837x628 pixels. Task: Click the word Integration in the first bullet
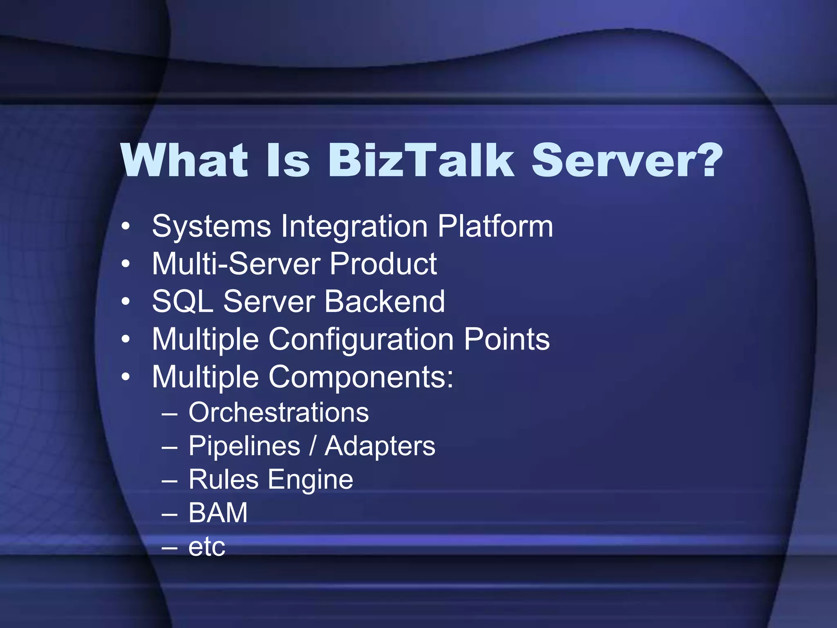354,227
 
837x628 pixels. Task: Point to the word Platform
495,226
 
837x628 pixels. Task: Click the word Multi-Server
236,264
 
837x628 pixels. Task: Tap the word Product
383,264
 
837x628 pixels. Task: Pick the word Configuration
361,340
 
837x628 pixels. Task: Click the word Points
507,339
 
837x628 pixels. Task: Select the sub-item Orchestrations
279,412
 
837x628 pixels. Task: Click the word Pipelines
244,446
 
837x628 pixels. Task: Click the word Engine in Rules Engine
310,480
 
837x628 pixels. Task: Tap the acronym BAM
218,513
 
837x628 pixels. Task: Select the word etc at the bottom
206,547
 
